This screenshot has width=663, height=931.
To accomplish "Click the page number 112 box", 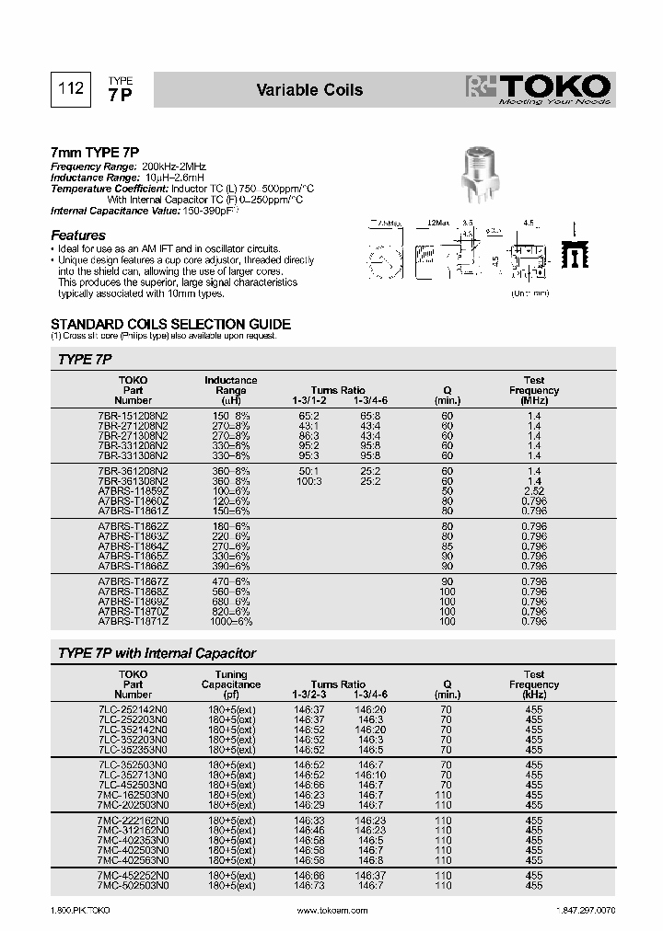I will (71, 89).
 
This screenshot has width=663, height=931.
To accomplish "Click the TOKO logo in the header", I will (539, 89).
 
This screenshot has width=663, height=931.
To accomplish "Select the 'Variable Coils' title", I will (308, 90).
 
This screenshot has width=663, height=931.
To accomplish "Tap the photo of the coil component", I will (484, 174).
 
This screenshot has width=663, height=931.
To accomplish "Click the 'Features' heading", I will (78, 236).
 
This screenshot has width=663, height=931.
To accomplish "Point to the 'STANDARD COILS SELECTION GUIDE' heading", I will (170, 324).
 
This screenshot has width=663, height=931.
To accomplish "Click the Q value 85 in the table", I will (447, 546).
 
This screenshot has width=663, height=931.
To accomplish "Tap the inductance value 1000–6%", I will (230, 622).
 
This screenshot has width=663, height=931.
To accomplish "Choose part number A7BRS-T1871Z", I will (133, 622).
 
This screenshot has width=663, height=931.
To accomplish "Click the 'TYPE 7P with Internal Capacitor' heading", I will (157, 653).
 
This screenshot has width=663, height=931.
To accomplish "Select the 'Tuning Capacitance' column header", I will (230, 684).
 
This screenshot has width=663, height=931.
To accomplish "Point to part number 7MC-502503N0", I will (133, 885).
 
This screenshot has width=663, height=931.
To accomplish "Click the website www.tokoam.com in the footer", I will (331, 910).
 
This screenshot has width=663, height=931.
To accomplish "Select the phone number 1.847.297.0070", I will (586, 910).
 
